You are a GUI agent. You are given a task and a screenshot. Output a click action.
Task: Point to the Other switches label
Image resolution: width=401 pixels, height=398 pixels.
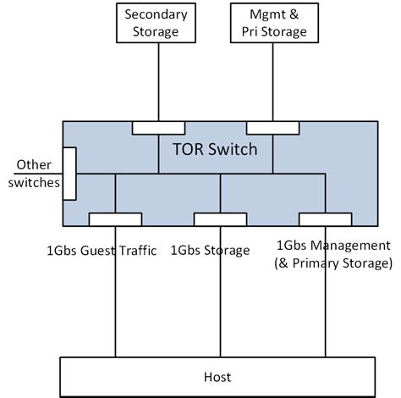click(31, 174)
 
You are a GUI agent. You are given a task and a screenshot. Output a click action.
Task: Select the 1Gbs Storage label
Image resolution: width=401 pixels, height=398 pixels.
click(210, 250)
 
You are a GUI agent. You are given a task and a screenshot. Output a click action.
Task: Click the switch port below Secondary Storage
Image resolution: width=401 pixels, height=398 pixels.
click(158, 128)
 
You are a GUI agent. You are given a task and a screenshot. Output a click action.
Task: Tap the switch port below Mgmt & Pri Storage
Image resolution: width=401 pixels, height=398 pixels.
click(272, 128)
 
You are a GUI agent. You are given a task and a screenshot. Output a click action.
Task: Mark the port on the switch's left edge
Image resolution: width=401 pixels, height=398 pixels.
click(69, 173)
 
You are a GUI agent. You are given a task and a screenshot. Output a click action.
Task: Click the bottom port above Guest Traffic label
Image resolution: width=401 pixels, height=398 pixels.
click(115, 219)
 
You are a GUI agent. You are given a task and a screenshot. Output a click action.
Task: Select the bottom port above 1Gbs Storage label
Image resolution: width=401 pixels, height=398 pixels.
click(220, 219)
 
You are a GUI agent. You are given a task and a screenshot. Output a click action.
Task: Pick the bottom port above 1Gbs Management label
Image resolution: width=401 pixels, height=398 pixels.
click(324, 219)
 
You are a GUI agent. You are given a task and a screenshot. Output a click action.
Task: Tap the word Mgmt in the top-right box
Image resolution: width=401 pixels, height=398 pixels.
click(259, 15)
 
